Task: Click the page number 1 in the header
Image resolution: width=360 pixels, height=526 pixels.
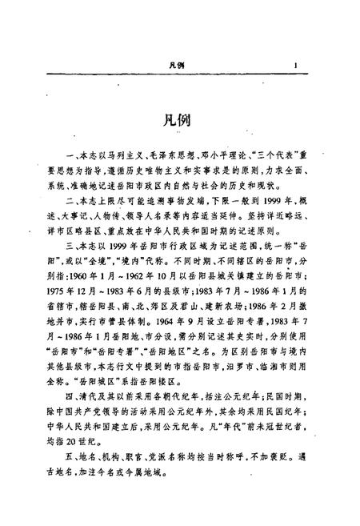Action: (x=296, y=67)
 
